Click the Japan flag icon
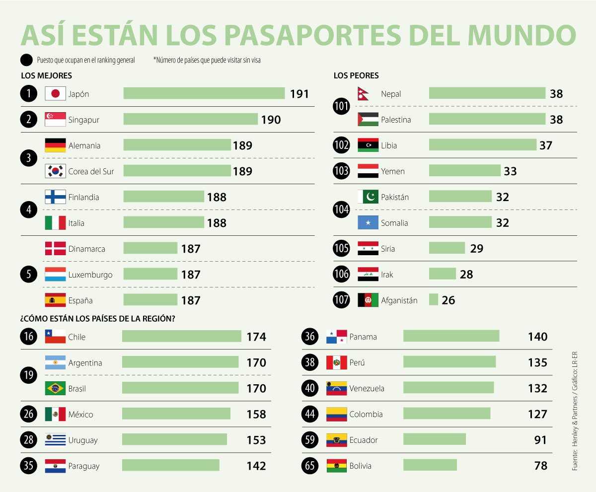pos(55,94)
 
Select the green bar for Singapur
pos(190,119)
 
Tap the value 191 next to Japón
pos(299,94)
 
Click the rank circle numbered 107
pos(341,300)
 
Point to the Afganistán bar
pos(433,300)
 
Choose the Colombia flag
pos(336,414)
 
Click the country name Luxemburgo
pos(90,275)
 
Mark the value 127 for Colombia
pos(537,414)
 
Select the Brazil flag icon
pos(55,388)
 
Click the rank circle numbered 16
pos(29,337)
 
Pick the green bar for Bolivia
pos(430,465)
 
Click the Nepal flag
pos(364,94)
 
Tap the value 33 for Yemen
pos(510,171)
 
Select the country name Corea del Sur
pos(91,171)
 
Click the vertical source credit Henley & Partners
pos(575,432)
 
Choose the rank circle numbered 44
pos(310,414)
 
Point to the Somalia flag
pos(368,223)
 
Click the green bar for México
pos(176,414)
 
